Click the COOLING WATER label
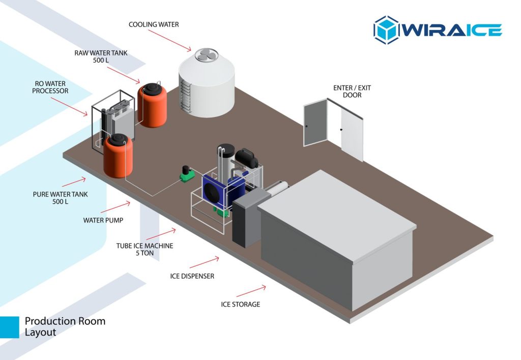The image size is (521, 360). click(x=154, y=24)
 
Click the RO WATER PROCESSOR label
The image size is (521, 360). click(x=50, y=87)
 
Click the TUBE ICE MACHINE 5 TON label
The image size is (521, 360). click(x=144, y=250)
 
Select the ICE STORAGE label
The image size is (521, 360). click(x=240, y=304)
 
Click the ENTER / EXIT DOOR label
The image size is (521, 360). click(x=352, y=91)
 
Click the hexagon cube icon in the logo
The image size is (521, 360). click(x=387, y=30)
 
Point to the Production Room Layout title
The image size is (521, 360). click(x=65, y=326)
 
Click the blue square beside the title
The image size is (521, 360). click(x=9, y=326)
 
